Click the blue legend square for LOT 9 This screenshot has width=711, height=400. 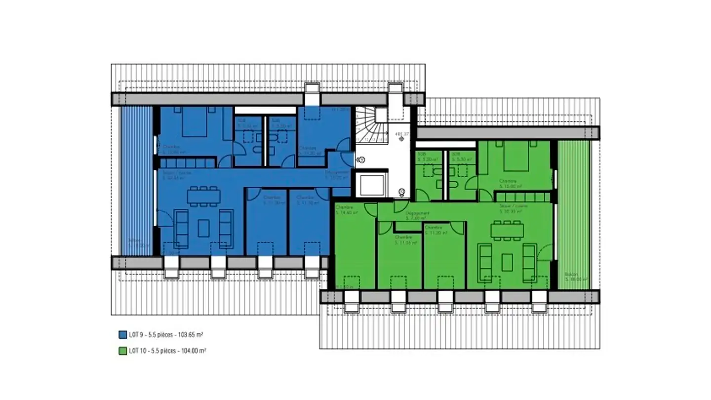click(x=123, y=334)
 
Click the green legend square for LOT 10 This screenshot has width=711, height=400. click(x=123, y=351)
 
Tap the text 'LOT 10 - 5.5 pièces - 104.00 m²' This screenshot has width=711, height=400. click(x=167, y=351)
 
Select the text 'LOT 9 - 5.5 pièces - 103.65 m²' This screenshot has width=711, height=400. click(x=166, y=334)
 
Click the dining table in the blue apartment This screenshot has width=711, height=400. click(x=203, y=198)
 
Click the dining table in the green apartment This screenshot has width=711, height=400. click(x=507, y=231)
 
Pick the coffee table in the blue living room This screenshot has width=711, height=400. click(x=203, y=228)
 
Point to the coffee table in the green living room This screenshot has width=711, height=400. click(x=507, y=262)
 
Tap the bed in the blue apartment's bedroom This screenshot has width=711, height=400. click(x=193, y=122)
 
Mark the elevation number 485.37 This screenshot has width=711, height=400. click(x=402, y=134)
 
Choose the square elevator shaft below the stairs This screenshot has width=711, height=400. click(x=371, y=185)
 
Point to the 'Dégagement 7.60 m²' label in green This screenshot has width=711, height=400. click(x=417, y=215)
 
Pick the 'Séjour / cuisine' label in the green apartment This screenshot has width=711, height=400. click(x=513, y=208)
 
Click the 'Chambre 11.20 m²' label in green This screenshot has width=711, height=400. click(x=435, y=230)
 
